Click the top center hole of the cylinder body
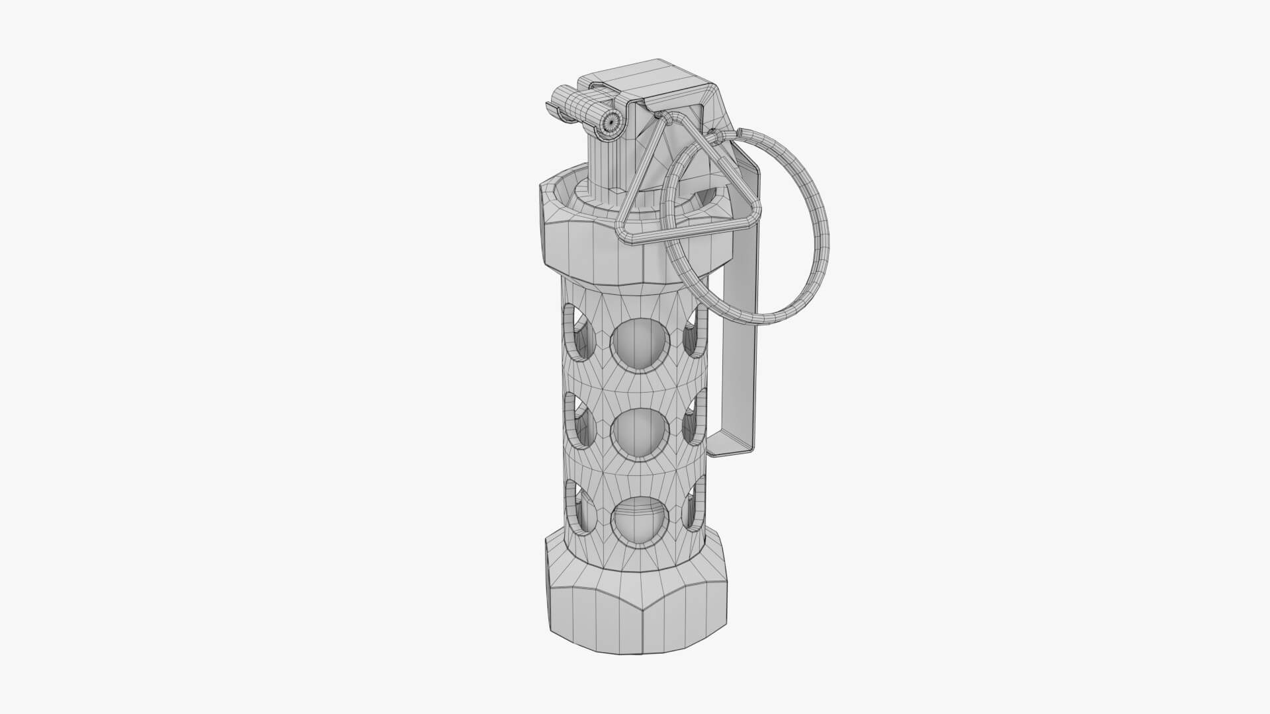click(636, 344)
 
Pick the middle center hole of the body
click(636, 433)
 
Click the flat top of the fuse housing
click(648, 76)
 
